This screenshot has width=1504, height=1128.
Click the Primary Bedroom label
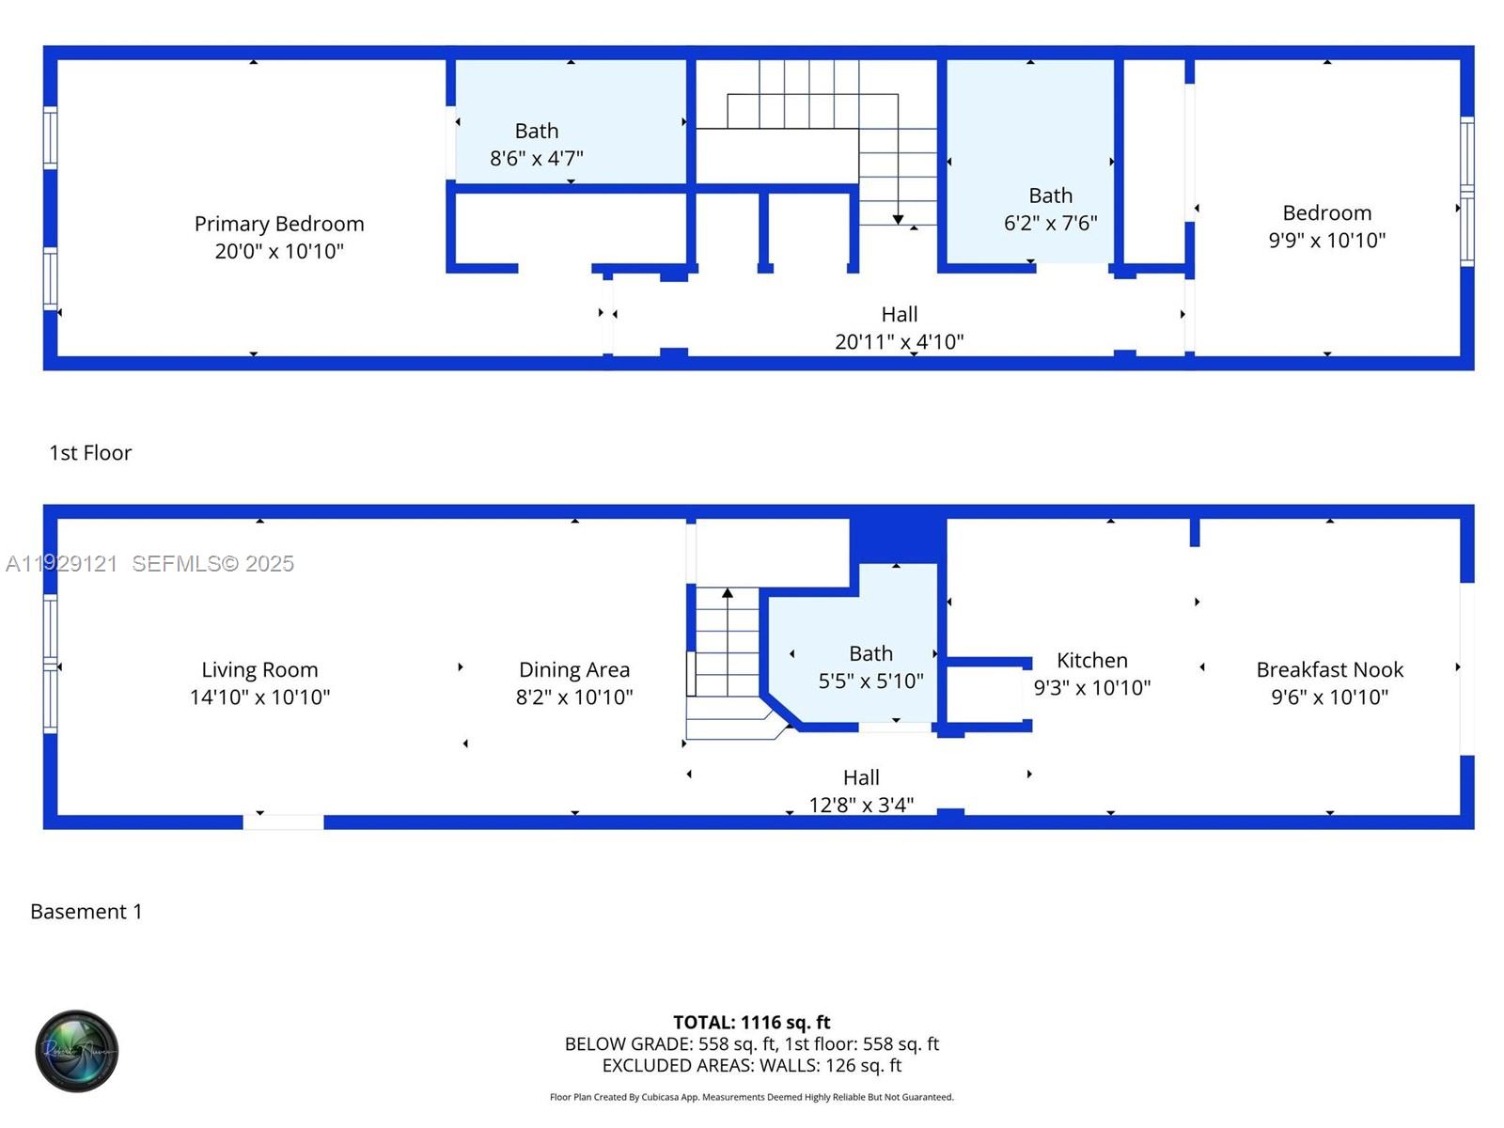[x=279, y=224]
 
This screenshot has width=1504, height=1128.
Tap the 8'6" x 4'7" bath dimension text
[x=536, y=158]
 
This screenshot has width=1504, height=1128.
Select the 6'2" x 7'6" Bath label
[x=1050, y=196]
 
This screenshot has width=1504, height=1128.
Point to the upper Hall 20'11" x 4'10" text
[x=899, y=328]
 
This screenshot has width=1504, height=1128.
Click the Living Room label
[x=259, y=669]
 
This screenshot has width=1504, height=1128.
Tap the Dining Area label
[x=573, y=669]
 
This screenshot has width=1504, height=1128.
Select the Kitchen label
[x=1091, y=660]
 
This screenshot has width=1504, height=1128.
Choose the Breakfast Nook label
[x=1329, y=669]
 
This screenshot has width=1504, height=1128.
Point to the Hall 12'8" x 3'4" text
[x=861, y=791]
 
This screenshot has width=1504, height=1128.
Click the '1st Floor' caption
[x=90, y=453]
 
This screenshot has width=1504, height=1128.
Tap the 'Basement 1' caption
[x=86, y=912]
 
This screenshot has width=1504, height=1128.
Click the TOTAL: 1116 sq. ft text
[x=751, y=1022]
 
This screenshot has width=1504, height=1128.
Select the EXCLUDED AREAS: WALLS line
[x=751, y=1065]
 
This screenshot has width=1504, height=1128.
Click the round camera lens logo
[x=77, y=1051]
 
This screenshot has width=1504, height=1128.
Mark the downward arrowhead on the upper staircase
[x=898, y=219]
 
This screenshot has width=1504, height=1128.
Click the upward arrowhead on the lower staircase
[x=727, y=593]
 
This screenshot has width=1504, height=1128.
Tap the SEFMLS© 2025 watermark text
[x=212, y=563]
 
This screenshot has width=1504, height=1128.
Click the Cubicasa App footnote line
[x=751, y=1097]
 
